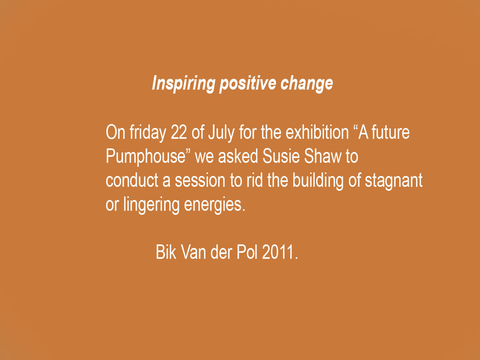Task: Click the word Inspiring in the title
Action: (184, 84)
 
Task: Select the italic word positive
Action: (248, 83)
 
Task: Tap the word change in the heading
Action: (307, 84)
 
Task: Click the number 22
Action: (179, 132)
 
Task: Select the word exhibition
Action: (317, 132)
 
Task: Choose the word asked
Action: (238, 156)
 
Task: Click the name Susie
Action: (281, 156)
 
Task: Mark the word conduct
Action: (132, 180)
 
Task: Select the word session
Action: (200, 180)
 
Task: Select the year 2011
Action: (280, 252)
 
